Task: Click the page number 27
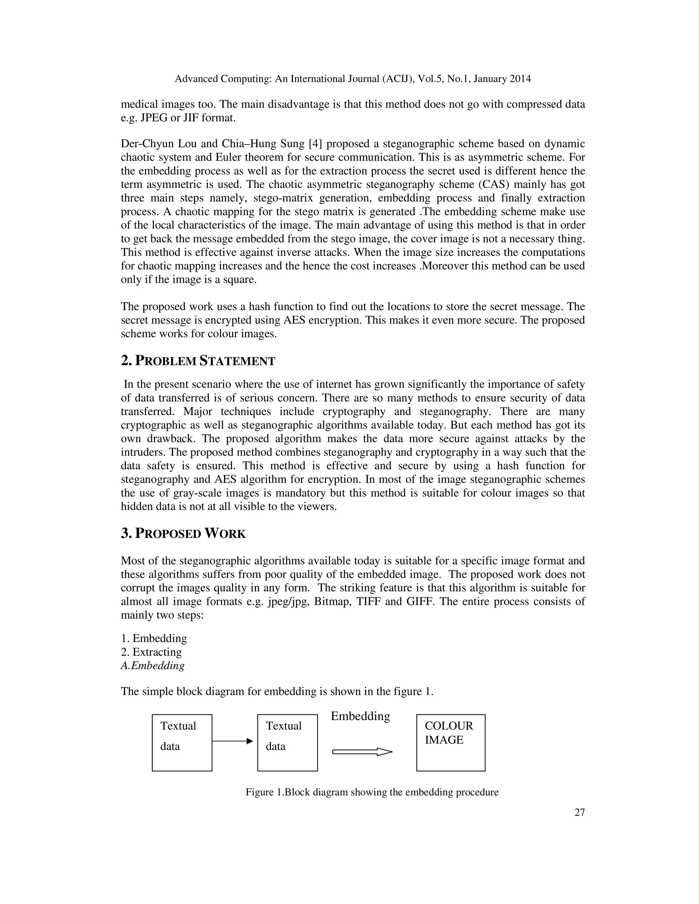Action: [579, 813]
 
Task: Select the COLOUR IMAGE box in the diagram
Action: [451, 743]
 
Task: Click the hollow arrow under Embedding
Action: [362, 752]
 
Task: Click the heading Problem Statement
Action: [198, 361]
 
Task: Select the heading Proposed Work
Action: [183, 534]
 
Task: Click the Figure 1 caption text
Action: [372, 792]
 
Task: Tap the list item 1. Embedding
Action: [154, 638]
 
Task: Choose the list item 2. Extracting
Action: [151, 652]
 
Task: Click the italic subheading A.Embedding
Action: [152, 666]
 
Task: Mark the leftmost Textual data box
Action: [182, 743]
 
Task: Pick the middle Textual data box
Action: [287, 743]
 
